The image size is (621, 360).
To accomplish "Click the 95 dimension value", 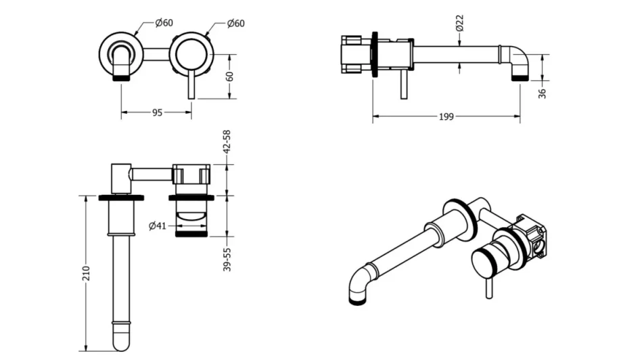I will click(157, 112).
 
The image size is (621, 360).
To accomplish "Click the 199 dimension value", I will click(446, 116).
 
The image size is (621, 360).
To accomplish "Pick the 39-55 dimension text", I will click(227, 258).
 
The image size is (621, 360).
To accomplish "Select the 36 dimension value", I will click(542, 93).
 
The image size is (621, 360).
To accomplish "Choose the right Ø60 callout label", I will click(235, 23).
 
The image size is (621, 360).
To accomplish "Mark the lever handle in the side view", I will click(404, 85).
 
